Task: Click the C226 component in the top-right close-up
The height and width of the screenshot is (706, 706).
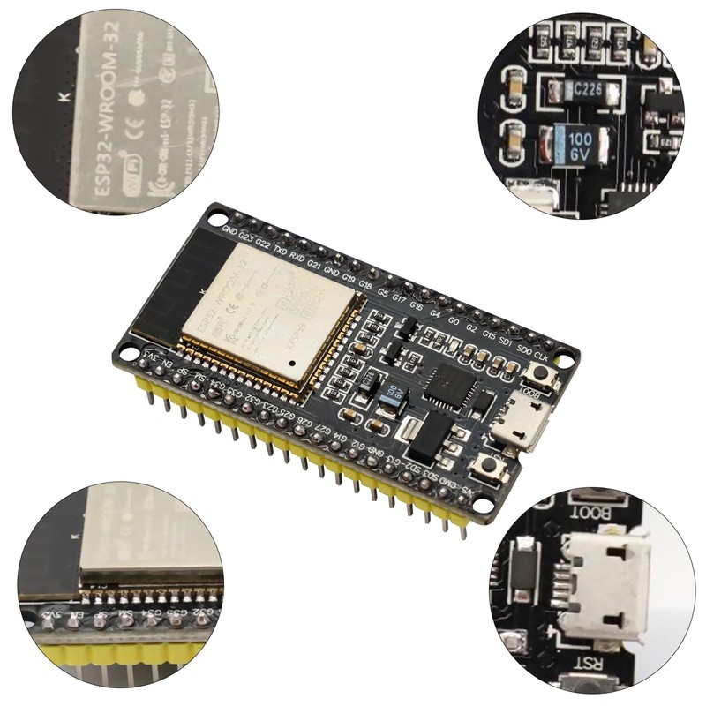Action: click(x=582, y=89)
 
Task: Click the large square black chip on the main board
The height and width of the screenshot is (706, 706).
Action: click(x=451, y=385)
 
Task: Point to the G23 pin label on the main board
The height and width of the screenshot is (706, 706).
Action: click(x=246, y=236)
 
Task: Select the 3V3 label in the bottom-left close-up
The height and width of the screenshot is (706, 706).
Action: click(x=55, y=614)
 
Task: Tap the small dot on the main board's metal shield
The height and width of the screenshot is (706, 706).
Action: click(x=292, y=362)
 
